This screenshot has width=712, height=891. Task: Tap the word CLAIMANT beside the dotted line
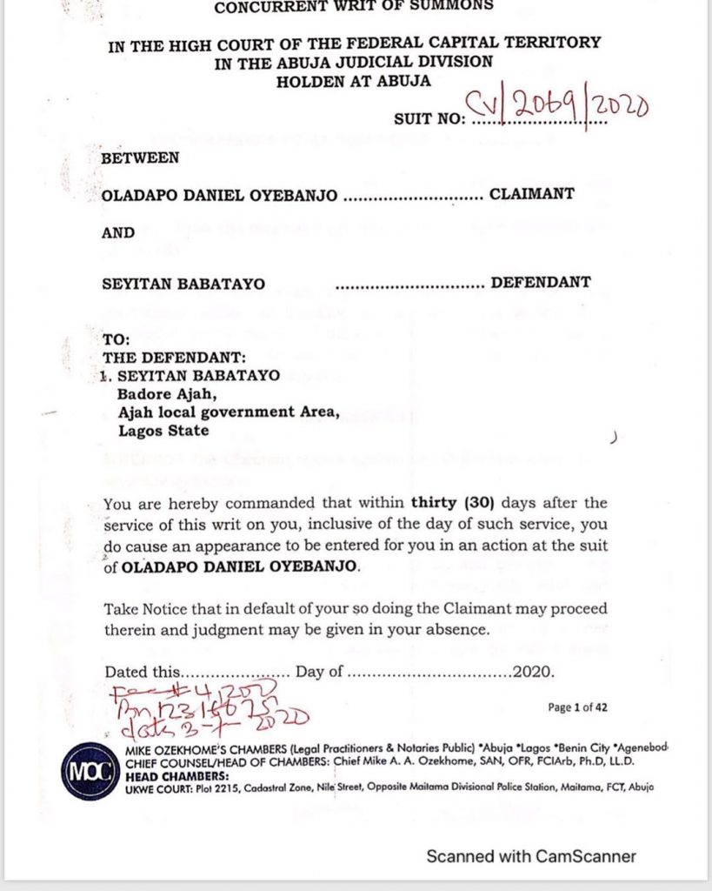click(531, 194)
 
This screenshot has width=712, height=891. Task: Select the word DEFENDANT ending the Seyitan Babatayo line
click(541, 283)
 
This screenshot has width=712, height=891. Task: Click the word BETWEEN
click(141, 157)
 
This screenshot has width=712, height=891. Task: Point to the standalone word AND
click(119, 232)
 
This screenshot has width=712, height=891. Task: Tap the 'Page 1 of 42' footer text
click(577, 707)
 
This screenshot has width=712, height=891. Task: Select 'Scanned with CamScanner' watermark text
click(531, 856)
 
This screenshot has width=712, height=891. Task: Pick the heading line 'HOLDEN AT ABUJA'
click(353, 81)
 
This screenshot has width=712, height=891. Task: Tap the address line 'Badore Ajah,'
click(163, 393)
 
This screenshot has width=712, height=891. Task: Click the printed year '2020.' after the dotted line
click(532, 673)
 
